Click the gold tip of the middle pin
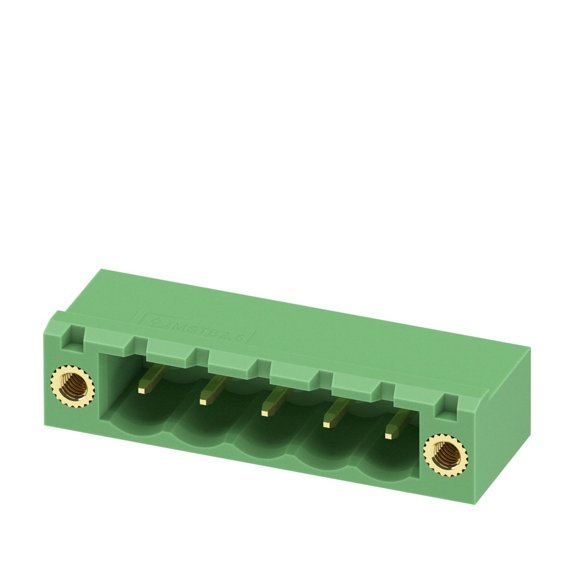(265, 413)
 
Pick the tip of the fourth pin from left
(328, 424)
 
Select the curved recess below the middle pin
(264, 440)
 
